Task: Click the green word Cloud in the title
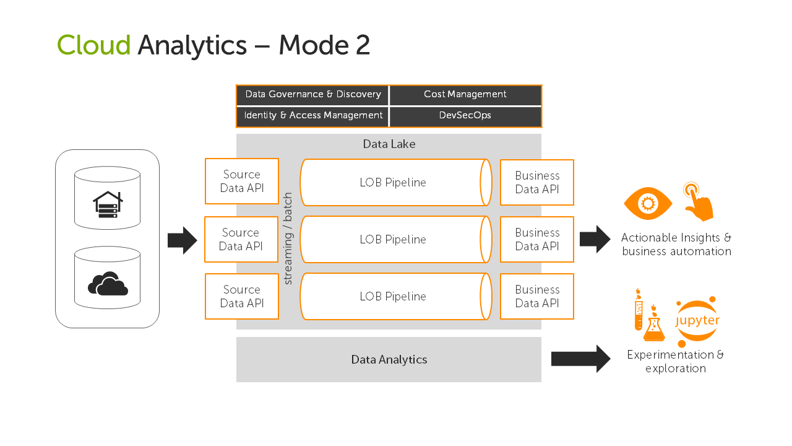pyautogui.click(x=93, y=45)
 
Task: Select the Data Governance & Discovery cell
pyautogui.click(x=312, y=95)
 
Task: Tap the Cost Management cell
pyautogui.click(x=465, y=95)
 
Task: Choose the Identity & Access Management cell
pyautogui.click(x=312, y=116)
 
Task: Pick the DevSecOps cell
pyautogui.click(x=465, y=116)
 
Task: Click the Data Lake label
pyautogui.click(x=389, y=144)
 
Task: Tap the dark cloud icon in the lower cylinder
pyautogui.click(x=108, y=284)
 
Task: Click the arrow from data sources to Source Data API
pyautogui.click(x=182, y=240)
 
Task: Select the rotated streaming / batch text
pyautogui.click(x=288, y=238)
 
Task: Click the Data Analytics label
pyautogui.click(x=389, y=360)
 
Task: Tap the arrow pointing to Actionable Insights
pyautogui.click(x=595, y=239)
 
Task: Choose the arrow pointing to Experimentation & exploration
pyautogui.click(x=580, y=359)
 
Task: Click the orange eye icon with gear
pyautogui.click(x=647, y=203)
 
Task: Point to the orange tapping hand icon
pyautogui.click(x=699, y=201)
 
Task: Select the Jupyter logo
pyautogui.click(x=697, y=321)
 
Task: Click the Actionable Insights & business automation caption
pyautogui.click(x=676, y=245)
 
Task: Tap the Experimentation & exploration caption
pyautogui.click(x=675, y=362)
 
